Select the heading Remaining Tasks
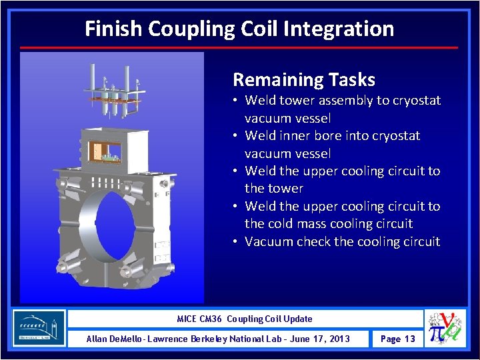(304, 80)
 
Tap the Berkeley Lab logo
(39, 328)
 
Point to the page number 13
(409, 339)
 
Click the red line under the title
(239, 48)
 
